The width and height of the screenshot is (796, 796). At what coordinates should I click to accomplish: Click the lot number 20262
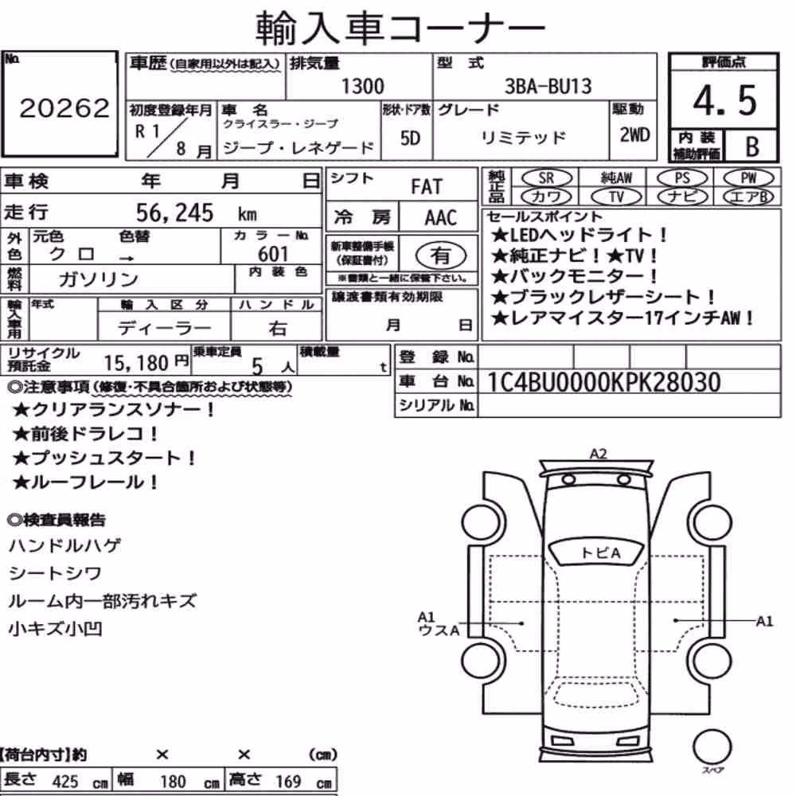(x=64, y=107)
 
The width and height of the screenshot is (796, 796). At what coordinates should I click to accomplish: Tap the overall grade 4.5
(x=724, y=100)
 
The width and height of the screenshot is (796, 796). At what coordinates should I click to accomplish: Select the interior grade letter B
(x=752, y=146)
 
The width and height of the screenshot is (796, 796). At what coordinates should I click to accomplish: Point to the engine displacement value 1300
(x=362, y=86)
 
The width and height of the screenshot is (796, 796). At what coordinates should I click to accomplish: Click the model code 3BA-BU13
(x=548, y=86)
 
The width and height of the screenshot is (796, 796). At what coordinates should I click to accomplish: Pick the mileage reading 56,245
(x=174, y=213)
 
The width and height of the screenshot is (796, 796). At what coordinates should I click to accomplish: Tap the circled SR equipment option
(x=546, y=178)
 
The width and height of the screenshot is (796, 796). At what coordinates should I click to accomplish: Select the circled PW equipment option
(x=748, y=178)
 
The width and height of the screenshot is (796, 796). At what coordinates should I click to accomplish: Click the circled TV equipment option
(x=616, y=197)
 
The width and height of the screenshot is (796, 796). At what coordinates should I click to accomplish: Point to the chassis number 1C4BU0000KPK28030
(x=603, y=382)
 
